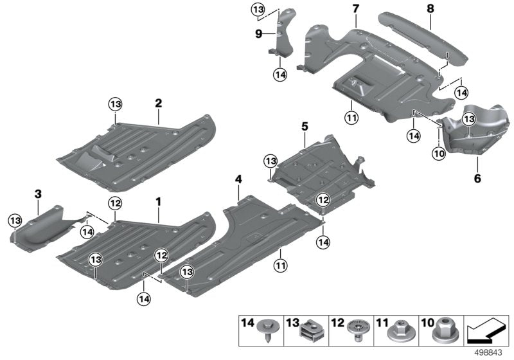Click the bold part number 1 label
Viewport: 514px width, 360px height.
point(157,202)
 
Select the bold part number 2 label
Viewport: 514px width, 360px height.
point(157,102)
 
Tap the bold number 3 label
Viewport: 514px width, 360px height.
point(38,193)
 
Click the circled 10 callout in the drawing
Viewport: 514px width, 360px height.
point(439,154)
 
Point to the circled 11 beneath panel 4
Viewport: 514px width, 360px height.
point(280,265)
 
